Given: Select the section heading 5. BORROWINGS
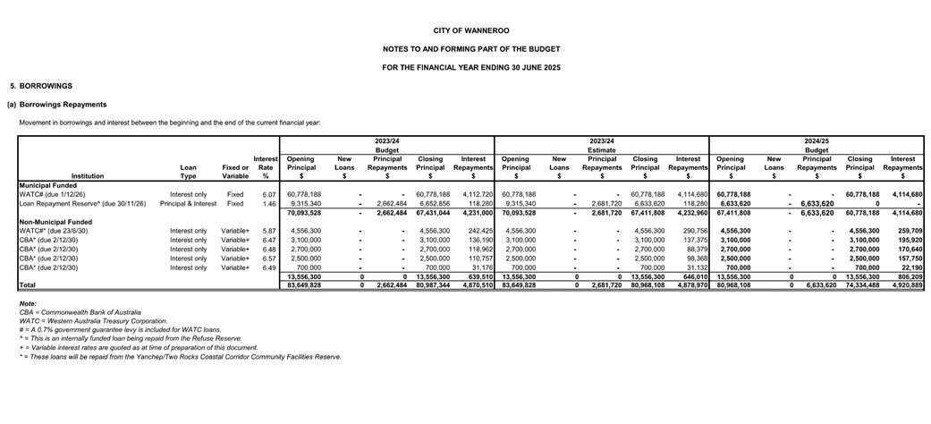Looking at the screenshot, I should click(x=41, y=86).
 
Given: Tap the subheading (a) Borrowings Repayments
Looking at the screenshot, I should click(x=56, y=105).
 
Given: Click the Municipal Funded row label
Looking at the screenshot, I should click(x=48, y=185).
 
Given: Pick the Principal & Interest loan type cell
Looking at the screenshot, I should click(x=188, y=204).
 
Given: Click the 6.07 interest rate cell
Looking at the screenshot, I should click(x=268, y=194).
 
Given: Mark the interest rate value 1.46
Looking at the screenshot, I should click(x=268, y=204).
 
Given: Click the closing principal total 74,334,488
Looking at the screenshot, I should click(x=861, y=285).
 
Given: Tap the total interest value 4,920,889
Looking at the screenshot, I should click(x=904, y=285).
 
